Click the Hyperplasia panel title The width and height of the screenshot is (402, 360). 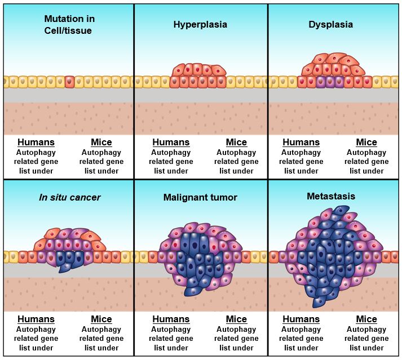(201, 25)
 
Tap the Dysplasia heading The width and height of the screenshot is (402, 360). (331, 25)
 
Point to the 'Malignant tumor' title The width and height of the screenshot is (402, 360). (200, 198)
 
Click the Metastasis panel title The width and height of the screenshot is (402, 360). (330, 197)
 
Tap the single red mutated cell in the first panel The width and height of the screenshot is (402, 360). (69, 82)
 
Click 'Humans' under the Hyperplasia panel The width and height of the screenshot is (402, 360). (171, 143)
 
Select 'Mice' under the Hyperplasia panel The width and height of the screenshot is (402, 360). (236, 143)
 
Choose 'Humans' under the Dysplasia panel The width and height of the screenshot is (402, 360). (301, 143)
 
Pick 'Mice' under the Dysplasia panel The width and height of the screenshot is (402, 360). (366, 143)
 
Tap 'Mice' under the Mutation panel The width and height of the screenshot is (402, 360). (101, 143)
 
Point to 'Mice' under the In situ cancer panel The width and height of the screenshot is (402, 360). (101, 319)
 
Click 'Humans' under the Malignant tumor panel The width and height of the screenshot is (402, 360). (171, 319)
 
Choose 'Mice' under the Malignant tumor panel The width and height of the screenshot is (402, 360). (236, 319)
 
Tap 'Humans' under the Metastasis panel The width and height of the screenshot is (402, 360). (301, 319)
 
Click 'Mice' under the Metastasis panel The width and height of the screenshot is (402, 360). (366, 319)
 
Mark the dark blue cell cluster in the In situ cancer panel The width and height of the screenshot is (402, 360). (70, 260)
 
